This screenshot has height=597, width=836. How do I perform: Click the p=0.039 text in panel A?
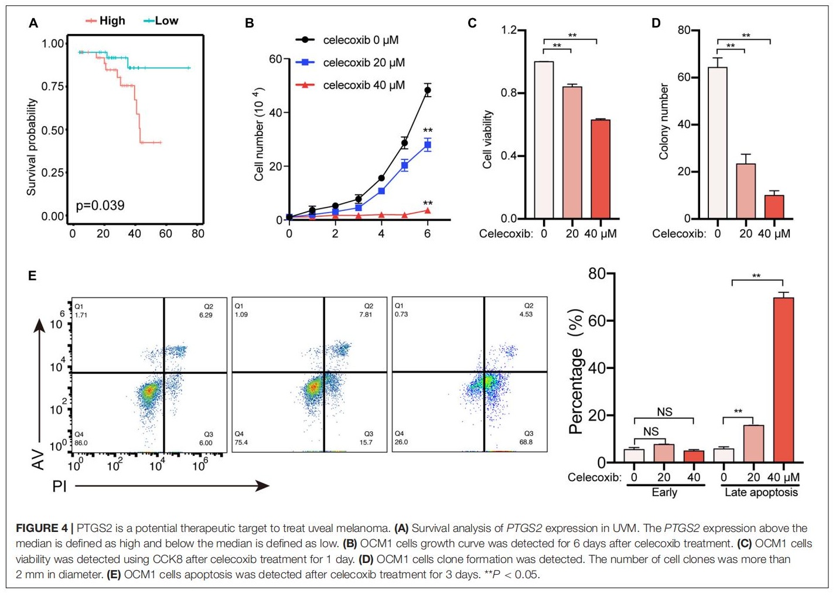click(x=100, y=206)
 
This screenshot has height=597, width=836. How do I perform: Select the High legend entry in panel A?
click(x=106, y=21)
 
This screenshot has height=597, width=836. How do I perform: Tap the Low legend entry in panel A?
click(x=161, y=21)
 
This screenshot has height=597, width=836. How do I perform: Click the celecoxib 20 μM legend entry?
click(x=350, y=63)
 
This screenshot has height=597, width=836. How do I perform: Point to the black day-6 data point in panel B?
click(x=428, y=90)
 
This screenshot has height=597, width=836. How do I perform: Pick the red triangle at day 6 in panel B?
click(x=428, y=210)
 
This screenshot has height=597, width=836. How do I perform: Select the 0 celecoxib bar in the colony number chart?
click(x=718, y=143)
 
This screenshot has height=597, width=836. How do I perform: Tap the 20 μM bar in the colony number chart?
click(x=746, y=191)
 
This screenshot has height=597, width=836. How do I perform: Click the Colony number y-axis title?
click(x=664, y=121)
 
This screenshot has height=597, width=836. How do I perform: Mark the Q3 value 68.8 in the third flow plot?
click(x=526, y=442)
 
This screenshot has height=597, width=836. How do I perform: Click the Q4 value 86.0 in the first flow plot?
click(x=81, y=443)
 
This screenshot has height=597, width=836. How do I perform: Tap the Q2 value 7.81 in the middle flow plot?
click(x=366, y=315)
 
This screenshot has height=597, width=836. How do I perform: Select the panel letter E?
click(x=32, y=275)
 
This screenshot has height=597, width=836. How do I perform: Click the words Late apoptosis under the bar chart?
click(x=761, y=493)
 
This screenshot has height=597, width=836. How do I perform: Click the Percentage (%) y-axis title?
click(x=576, y=371)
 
